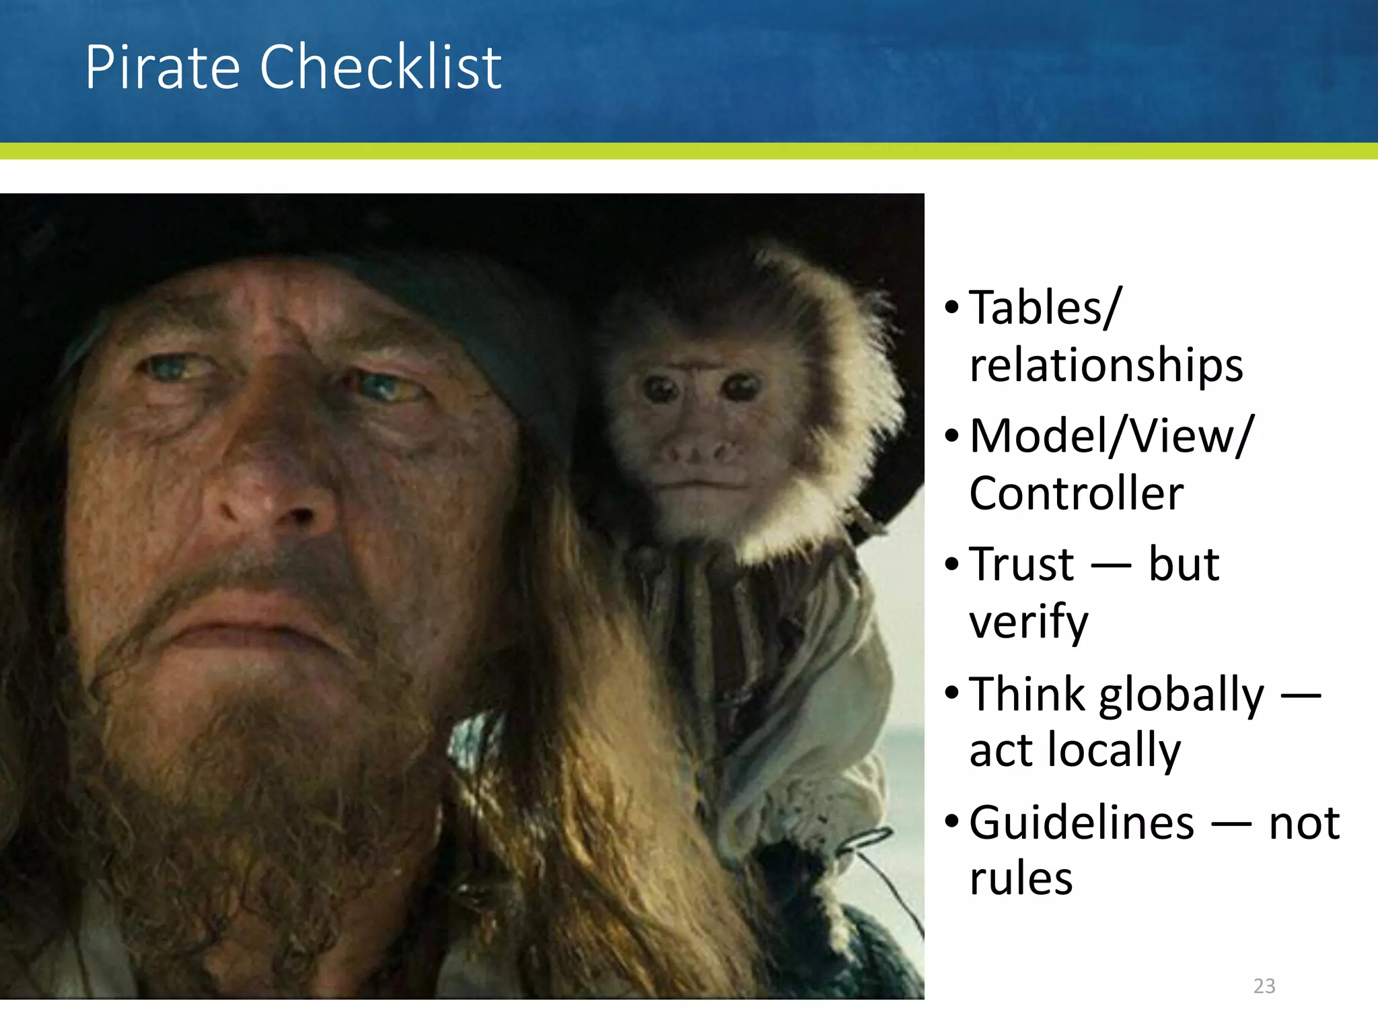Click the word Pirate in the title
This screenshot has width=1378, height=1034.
click(161, 67)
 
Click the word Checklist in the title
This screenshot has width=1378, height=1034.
click(380, 67)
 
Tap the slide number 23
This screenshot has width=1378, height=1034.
click(1264, 986)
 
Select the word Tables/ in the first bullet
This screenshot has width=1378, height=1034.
click(1045, 308)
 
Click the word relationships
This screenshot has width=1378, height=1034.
click(1105, 366)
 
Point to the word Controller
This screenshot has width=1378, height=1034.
click(1076, 493)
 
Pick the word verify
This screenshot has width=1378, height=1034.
click(1028, 623)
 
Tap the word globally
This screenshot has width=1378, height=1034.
click(1182, 695)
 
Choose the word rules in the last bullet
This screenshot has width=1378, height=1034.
click(1021, 879)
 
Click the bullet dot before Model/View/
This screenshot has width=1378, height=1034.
click(951, 436)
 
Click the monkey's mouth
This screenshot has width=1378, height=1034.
click(700, 483)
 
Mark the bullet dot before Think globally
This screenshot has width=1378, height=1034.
click(951, 693)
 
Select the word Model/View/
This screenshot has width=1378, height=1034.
click(1112, 436)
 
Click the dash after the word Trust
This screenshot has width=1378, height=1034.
click(1110, 565)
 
